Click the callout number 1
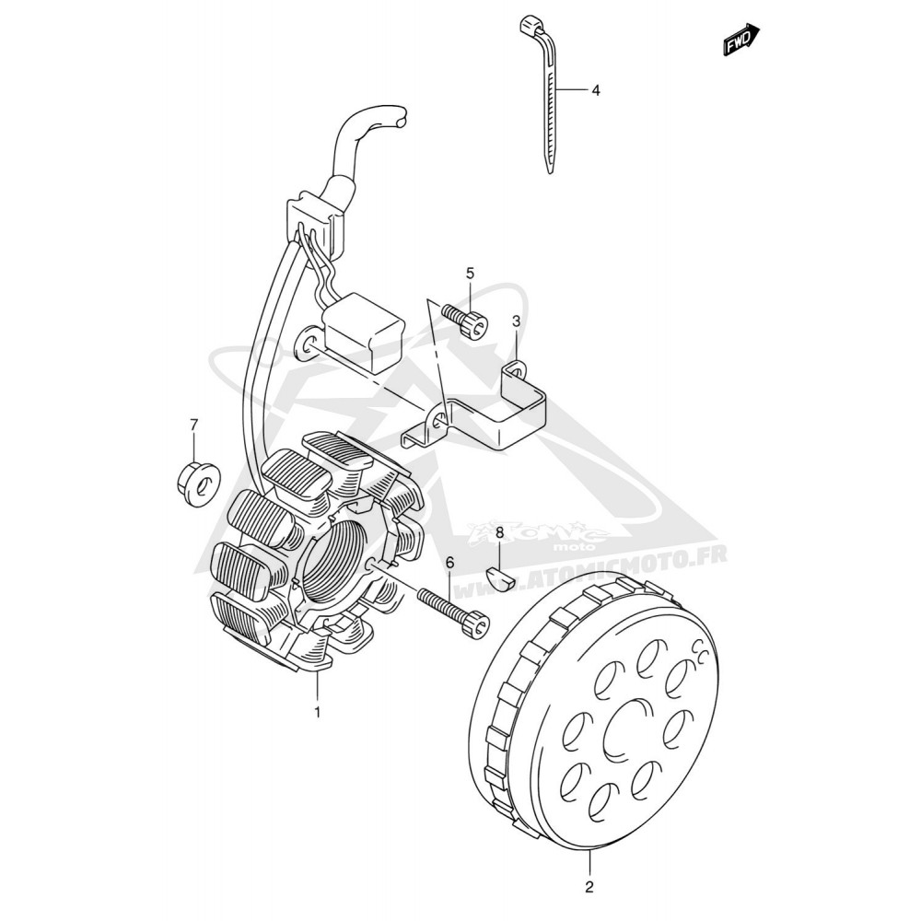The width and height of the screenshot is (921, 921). coord(317,713)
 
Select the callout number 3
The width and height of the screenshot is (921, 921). coord(516,321)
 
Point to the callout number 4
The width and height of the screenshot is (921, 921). coord(596,90)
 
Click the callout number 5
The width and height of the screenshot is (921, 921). coord(470,274)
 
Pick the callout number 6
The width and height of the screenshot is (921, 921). coord(450,563)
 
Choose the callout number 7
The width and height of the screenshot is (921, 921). coord(193,424)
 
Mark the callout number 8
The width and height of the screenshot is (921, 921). coord(500,532)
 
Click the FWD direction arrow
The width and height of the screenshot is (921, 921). coord(741,40)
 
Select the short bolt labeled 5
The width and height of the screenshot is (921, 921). coord(466,321)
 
